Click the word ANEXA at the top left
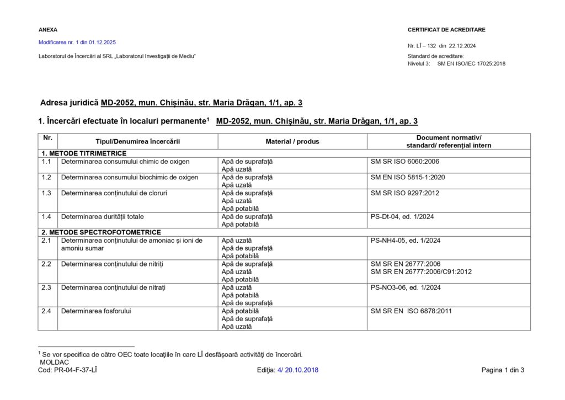pyautogui.click(x=47, y=30)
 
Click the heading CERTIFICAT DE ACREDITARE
pyautogui.click(x=446, y=30)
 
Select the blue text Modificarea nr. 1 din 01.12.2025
pyautogui.click(x=77, y=42)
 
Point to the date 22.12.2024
pyautogui.click(x=462, y=46)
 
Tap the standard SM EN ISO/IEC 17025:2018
pyautogui.click(x=471, y=63)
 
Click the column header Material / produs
pyautogui.click(x=292, y=142)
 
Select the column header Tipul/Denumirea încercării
pyautogui.click(x=137, y=142)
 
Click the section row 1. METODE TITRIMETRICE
pyautogui.click(x=84, y=153)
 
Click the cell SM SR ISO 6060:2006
pyautogui.click(x=405, y=162)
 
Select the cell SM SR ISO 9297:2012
pyautogui.click(x=405, y=193)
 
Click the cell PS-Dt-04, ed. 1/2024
pyautogui.click(x=402, y=217)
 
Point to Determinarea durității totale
pyautogui.click(x=102, y=217)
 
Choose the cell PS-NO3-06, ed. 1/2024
pyautogui.click(x=406, y=287)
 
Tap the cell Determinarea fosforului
pyautogui.click(x=96, y=311)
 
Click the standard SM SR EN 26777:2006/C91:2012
pyautogui.click(x=421, y=271)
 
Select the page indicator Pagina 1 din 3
pyautogui.click(x=503, y=370)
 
